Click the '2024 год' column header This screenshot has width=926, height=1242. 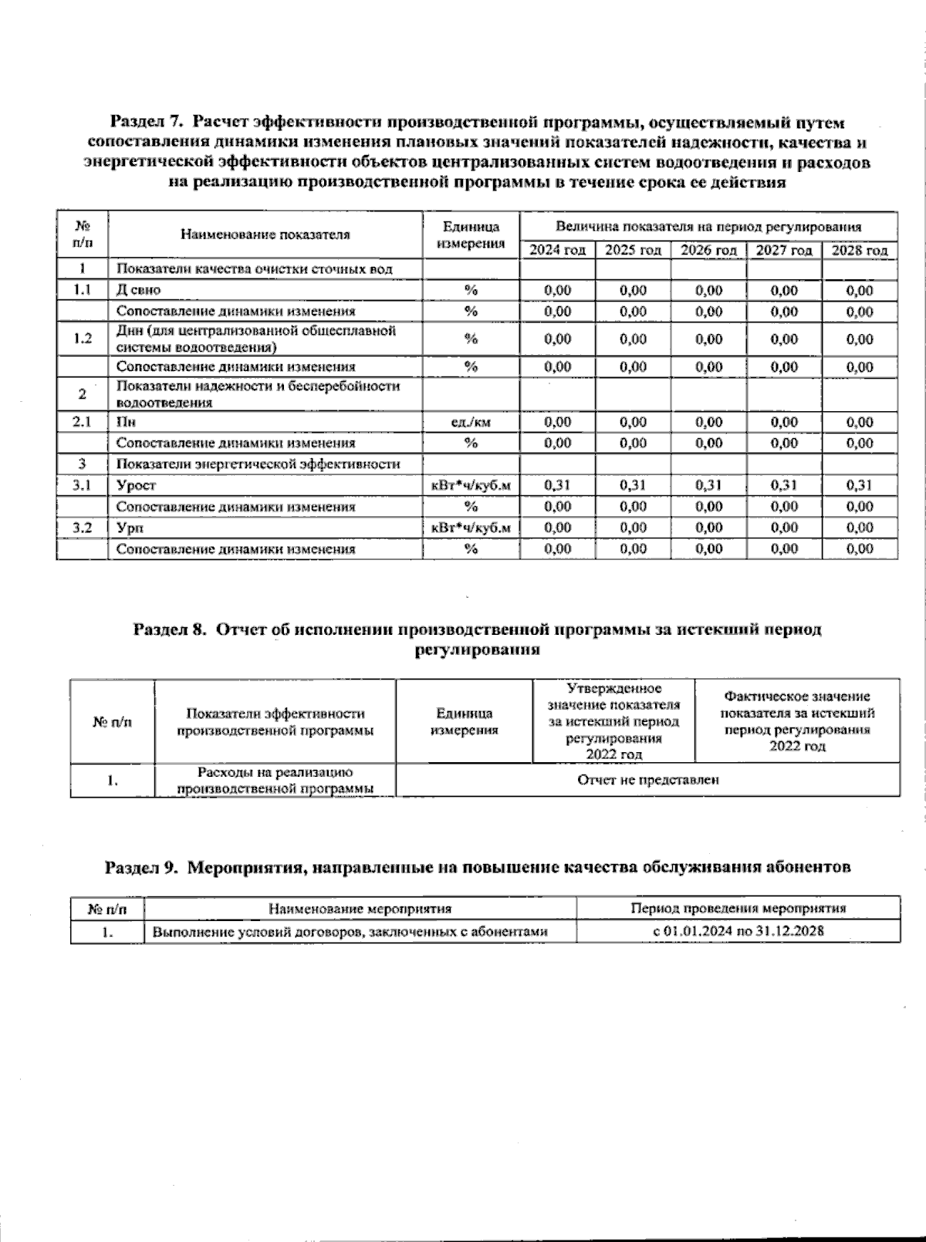tap(557, 251)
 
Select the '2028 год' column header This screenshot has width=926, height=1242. tap(859, 251)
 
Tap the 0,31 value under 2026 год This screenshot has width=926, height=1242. tap(708, 485)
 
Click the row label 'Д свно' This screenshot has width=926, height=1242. tap(139, 290)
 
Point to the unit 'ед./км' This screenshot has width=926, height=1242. tap(470, 422)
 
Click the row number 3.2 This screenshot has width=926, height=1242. tap(82, 528)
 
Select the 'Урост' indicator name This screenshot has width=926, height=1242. tap(136, 485)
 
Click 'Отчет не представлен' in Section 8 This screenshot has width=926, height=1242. tap(647, 780)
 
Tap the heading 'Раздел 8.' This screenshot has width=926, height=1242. tap(171, 629)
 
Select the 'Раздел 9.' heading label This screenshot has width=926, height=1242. tap(141, 867)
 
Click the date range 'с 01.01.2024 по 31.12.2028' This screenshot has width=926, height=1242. tap(738, 931)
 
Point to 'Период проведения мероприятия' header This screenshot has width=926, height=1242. tap(738, 909)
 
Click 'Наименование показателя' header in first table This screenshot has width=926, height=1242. tap(265, 235)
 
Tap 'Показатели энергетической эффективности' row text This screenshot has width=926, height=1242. tap(258, 464)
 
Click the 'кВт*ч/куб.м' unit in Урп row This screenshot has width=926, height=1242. tap(470, 528)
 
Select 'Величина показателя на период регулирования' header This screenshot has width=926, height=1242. tap(708, 228)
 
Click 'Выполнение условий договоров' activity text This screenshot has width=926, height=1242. tap(350, 932)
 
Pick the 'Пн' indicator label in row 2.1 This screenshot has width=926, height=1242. tap(125, 422)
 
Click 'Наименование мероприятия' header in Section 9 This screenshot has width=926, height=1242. tap(360, 909)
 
